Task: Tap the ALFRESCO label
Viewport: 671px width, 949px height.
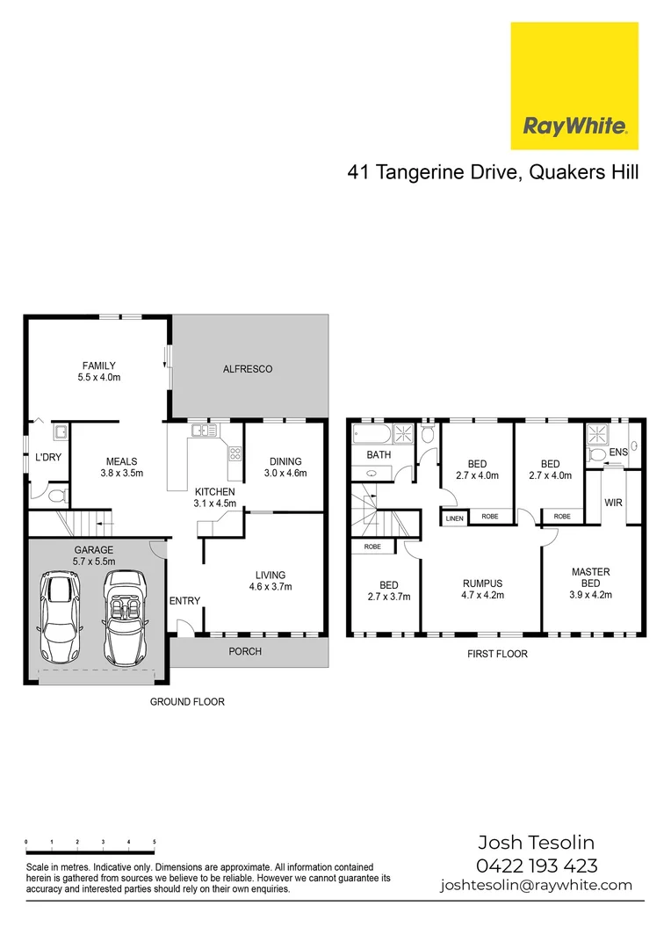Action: point(247,369)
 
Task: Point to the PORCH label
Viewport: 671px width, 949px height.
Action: point(245,651)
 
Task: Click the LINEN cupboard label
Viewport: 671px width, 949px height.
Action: point(454,518)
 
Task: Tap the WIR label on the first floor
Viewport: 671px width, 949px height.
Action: point(612,503)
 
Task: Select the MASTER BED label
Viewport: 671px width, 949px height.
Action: point(590,577)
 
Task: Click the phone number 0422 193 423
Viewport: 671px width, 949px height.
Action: point(537,865)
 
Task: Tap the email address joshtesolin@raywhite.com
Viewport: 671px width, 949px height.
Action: point(536,886)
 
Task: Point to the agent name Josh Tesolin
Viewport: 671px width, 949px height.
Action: point(537,842)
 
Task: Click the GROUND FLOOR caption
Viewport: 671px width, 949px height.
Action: point(187,702)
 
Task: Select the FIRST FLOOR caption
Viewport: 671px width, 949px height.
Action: point(497,654)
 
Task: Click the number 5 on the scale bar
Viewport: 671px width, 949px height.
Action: point(155,843)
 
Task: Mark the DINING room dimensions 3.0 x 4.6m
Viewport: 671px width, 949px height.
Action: point(285,474)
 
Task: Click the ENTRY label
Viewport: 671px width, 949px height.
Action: point(185,601)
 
